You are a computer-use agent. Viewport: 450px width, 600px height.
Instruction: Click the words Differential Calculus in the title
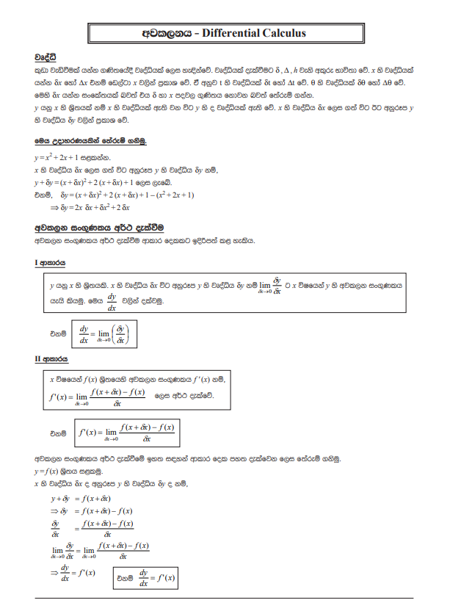coord(253,33)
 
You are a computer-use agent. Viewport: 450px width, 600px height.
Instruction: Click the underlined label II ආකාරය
coord(53,360)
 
